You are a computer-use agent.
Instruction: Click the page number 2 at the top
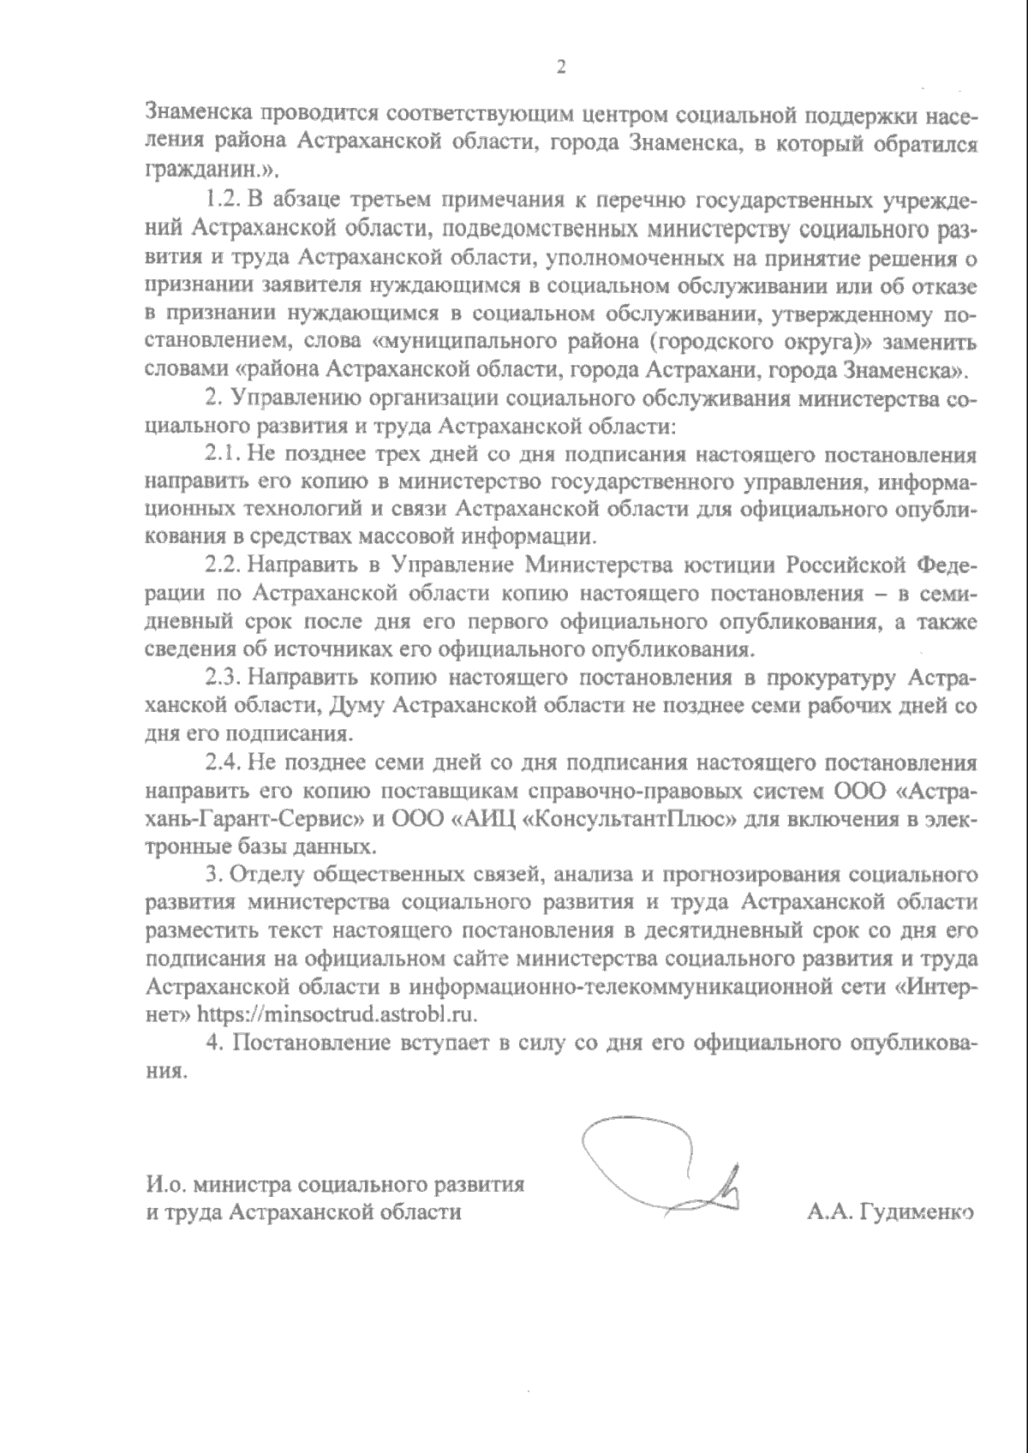561,68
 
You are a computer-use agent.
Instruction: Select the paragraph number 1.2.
224,201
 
